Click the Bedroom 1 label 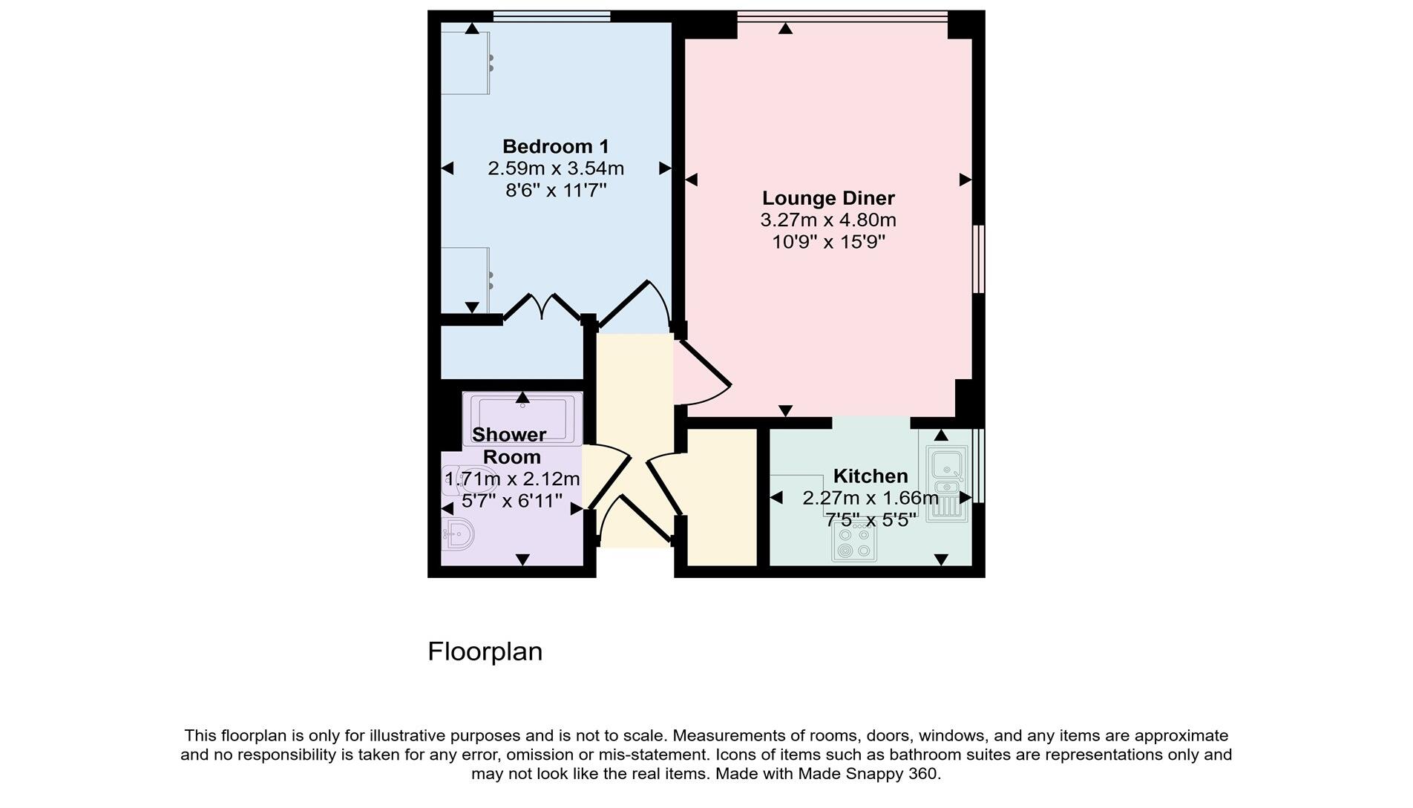click(555, 146)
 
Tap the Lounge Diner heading click(828, 198)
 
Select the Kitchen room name click(870, 476)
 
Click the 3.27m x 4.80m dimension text click(828, 220)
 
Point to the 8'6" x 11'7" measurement click(556, 191)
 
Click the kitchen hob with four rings click(853, 542)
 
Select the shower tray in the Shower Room click(522, 419)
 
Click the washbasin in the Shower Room click(457, 533)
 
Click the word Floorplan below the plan click(485, 651)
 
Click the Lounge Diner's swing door click(704, 371)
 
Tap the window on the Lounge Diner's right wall click(979, 259)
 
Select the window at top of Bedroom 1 click(551, 16)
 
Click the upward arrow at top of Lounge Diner click(785, 29)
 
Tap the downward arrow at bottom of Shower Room click(522, 559)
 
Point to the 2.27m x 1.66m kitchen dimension click(870, 498)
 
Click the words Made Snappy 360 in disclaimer click(868, 774)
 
